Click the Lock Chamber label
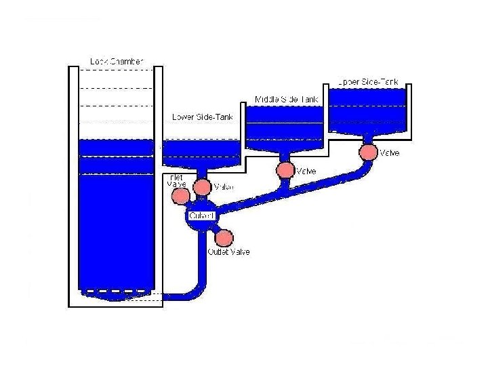click(x=117, y=62)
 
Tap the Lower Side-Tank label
click(x=203, y=117)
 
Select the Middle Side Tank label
click(x=287, y=100)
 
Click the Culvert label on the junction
click(x=201, y=216)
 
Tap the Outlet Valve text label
click(x=228, y=252)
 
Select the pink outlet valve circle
click(x=224, y=238)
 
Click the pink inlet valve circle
click(x=181, y=196)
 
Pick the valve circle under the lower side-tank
click(x=202, y=186)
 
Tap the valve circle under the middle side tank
click(x=285, y=170)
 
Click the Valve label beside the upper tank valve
click(x=389, y=153)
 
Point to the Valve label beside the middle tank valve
click(x=306, y=171)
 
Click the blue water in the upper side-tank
click(x=368, y=112)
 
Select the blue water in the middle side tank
click(x=285, y=129)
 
